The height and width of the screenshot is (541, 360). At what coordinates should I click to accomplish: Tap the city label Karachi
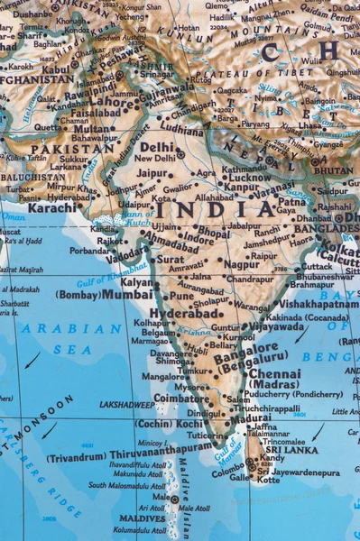51,207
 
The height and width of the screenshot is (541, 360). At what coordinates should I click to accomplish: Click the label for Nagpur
241,265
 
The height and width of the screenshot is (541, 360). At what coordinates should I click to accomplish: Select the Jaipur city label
152,173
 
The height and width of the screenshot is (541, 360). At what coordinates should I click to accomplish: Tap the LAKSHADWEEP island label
126,406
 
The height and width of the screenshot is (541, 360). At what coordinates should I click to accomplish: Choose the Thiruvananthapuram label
161,447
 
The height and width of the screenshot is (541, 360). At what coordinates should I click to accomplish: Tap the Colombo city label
228,469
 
